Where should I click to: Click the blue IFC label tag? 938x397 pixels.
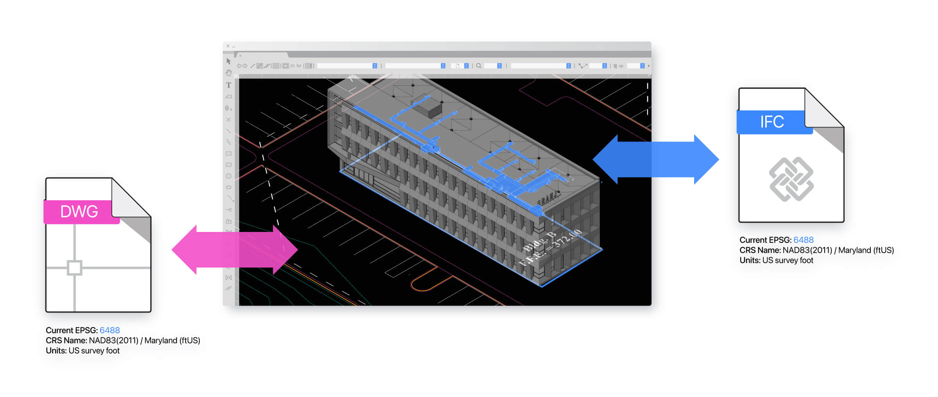772,122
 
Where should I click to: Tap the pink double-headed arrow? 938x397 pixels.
234,250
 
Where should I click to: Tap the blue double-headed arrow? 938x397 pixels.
655,160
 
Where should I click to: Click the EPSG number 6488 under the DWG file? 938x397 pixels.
109,330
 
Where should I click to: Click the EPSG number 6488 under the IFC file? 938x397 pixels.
803,240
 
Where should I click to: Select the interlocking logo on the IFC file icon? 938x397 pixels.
791,179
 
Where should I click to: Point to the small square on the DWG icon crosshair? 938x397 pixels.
74,268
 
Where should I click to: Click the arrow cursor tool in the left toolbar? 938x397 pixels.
229,61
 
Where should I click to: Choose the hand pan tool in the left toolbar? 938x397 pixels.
229,73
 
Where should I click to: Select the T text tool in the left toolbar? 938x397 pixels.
229,85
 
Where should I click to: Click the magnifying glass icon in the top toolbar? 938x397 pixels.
478,66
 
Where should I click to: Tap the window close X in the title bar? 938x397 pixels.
228,46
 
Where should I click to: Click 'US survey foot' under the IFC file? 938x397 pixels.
788,260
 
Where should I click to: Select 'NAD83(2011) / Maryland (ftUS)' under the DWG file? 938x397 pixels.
145,340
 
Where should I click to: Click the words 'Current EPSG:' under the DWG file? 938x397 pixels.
72,330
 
